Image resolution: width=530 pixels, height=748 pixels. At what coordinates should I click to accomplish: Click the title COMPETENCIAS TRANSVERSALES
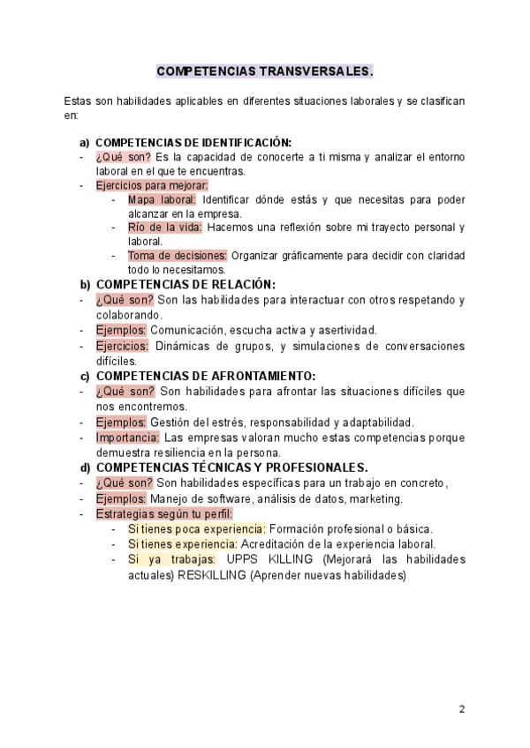point(264,71)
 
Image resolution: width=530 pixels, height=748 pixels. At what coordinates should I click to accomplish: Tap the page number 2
point(462,709)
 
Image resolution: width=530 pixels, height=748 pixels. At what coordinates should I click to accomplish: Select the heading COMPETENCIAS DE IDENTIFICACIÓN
point(193,142)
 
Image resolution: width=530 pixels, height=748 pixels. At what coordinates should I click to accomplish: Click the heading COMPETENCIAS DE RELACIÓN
point(185,284)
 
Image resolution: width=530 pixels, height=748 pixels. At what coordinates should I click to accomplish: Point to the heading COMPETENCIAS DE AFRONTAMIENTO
point(205,376)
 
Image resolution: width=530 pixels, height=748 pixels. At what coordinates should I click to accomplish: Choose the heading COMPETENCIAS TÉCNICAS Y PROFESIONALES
point(231,467)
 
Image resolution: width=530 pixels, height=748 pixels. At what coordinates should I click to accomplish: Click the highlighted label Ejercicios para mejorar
point(152,185)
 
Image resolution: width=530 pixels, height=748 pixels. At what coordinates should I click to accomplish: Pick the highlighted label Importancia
point(128,437)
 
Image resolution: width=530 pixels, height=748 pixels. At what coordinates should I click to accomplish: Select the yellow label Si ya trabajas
point(171,559)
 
